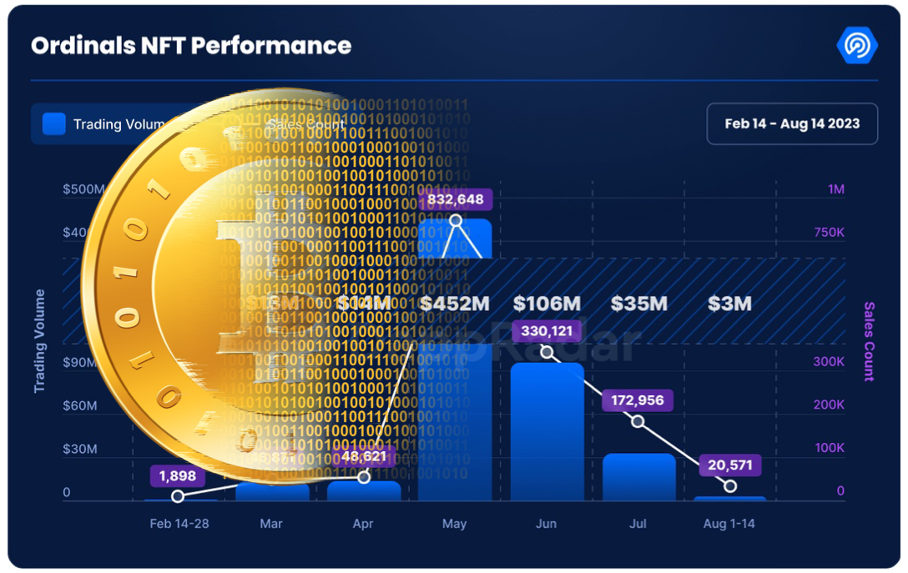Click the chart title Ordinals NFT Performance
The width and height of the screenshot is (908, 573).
(191, 46)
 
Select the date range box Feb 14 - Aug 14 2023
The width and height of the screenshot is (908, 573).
(791, 123)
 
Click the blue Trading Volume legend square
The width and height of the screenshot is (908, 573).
(54, 124)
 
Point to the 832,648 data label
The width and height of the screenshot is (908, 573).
(456, 199)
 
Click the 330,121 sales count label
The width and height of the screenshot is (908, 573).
(547, 331)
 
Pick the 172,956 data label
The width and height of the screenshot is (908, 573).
(638, 400)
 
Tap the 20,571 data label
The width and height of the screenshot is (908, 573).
(730, 465)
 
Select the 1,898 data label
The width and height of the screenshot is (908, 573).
(177, 476)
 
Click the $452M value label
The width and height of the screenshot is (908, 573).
(455, 304)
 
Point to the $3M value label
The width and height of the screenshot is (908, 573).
(729, 304)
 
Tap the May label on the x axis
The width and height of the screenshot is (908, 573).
(455, 524)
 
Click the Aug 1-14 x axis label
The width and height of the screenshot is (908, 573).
(729, 524)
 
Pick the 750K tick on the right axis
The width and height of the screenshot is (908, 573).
(829, 233)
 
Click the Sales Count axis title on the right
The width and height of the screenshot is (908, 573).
(869, 341)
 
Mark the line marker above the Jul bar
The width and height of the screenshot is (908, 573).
(638, 422)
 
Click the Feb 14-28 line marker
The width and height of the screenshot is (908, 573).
(178, 496)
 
